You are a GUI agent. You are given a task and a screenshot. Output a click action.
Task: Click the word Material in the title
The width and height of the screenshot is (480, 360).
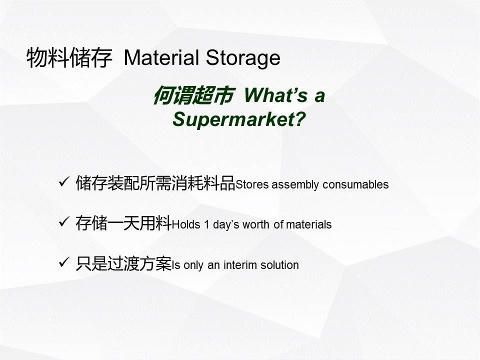tap(161, 57)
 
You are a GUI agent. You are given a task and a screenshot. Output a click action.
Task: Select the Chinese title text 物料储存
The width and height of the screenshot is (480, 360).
tap(69, 58)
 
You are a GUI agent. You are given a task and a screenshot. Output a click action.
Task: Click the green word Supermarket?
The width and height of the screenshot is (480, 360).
tap(239, 119)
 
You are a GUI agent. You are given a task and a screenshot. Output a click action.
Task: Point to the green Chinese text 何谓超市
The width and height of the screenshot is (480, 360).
tap(194, 95)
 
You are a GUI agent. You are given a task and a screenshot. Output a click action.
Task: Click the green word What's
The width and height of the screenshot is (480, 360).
tap(275, 95)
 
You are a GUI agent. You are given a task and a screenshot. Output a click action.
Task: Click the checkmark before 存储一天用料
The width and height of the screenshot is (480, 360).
tap(64, 221)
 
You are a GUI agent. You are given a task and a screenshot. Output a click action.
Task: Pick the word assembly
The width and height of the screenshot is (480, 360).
tap(295, 185)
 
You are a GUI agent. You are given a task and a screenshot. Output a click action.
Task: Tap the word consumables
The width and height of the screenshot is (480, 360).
tap(355, 184)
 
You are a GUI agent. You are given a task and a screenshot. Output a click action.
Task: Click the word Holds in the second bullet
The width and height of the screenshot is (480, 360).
tap(186, 224)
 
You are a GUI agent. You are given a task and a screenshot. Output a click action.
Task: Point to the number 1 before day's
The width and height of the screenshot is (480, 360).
tap(207, 224)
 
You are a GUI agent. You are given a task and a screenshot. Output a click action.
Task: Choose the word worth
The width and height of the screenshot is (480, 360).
tap(256, 224)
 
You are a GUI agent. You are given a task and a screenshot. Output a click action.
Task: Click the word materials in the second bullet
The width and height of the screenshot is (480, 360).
tap(308, 224)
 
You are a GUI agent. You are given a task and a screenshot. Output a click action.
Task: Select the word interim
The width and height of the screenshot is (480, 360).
tap(240, 265)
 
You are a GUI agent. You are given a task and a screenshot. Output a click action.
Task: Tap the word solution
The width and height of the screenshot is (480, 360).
tap(279, 265)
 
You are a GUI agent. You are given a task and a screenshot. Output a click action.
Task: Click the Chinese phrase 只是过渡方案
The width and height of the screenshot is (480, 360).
tap(123, 263)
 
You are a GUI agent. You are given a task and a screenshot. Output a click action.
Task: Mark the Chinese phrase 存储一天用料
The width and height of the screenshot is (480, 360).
tap(123, 223)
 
